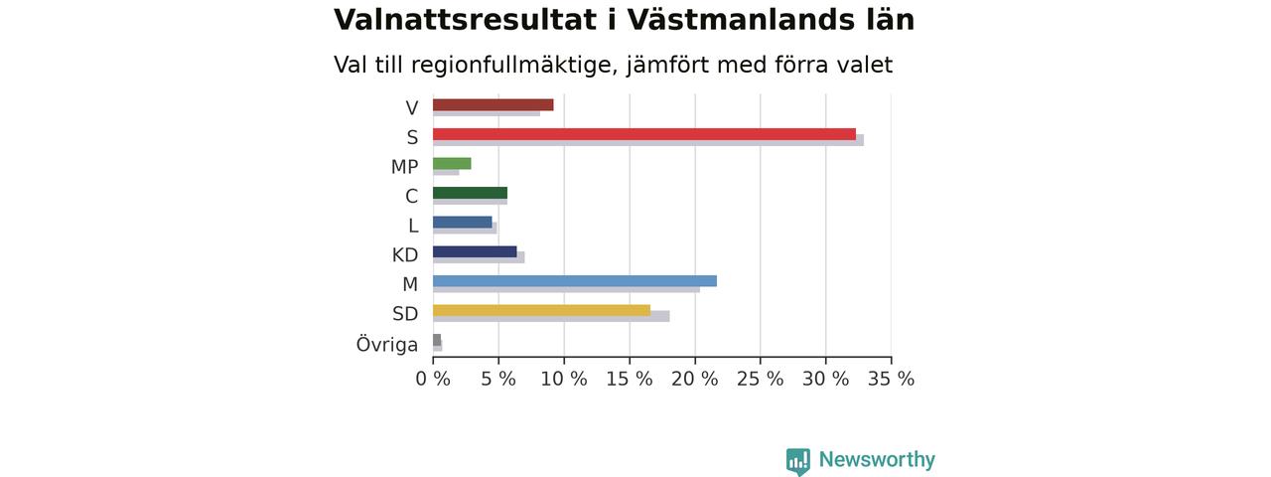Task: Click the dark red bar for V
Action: (494, 105)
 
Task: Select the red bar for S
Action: (644, 134)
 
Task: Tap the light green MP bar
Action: (452, 164)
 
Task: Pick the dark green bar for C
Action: (470, 193)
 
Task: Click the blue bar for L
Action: (463, 223)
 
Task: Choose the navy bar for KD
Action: (475, 252)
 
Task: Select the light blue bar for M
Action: (575, 281)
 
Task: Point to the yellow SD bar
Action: (541, 311)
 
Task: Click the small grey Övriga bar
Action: (437, 340)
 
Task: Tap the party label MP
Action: (404, 167)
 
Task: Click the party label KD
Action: (405, 255)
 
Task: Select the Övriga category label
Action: (387, 344)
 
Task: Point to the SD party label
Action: (405, 313)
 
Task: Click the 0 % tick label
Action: (433, 379)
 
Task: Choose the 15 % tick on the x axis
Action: (630, 379)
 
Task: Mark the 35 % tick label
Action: (891, 379)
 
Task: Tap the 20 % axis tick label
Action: (694, 379)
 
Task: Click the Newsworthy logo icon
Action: (797, 461)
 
